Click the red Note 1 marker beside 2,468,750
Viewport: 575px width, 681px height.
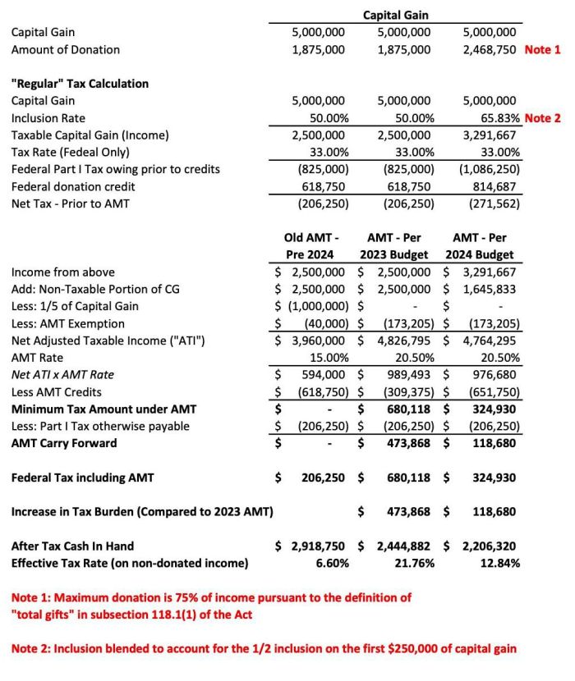[x=542, y=49]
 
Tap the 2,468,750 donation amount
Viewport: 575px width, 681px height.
[x=490, y=49]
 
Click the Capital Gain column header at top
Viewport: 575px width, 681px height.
[x=396, y=15]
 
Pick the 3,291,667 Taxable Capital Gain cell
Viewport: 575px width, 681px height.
[x=490, y=135]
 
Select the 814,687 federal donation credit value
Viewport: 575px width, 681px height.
[x=495, y=187]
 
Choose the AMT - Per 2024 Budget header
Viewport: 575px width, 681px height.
[x=481, y=245]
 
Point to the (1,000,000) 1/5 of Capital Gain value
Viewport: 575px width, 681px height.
[x=314, y=306]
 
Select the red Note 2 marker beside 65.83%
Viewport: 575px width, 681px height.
[x=542, y=118]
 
